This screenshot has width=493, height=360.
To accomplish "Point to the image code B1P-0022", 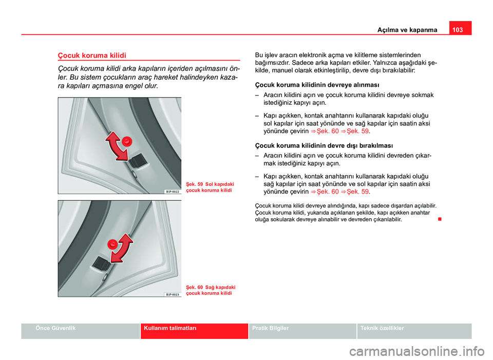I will pyautogui.click(x=172, y=191).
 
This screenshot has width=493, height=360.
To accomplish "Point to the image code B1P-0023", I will pyautogui.click(x=172, y=294).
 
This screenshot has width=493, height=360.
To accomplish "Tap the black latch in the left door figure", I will pyautogui.click(x=137, y=162).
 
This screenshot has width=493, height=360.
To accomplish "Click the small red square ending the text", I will pyautogui.click(x=439, y=219).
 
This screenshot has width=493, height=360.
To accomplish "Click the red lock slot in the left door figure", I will pyautogui.click(x=128, y=140).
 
